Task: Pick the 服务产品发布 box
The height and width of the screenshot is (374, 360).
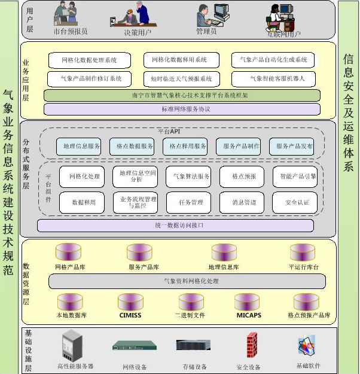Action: [x=295, y=147]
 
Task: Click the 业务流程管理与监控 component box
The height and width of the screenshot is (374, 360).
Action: [x=138, y=202]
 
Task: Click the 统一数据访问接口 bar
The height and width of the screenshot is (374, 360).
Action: [x=175, y=226]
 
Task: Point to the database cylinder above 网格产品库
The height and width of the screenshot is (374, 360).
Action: [x=69, y=252]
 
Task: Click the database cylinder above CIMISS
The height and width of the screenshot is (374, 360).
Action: [x=130, y=301]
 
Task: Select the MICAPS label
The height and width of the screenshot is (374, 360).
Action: [x=248, y=315]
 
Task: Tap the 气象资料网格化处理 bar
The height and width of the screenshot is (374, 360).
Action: [x=187, y=281]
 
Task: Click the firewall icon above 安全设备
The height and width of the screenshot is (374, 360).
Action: [x=252, y=345]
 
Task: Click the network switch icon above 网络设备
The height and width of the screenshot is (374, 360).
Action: [x=134, y=345]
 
